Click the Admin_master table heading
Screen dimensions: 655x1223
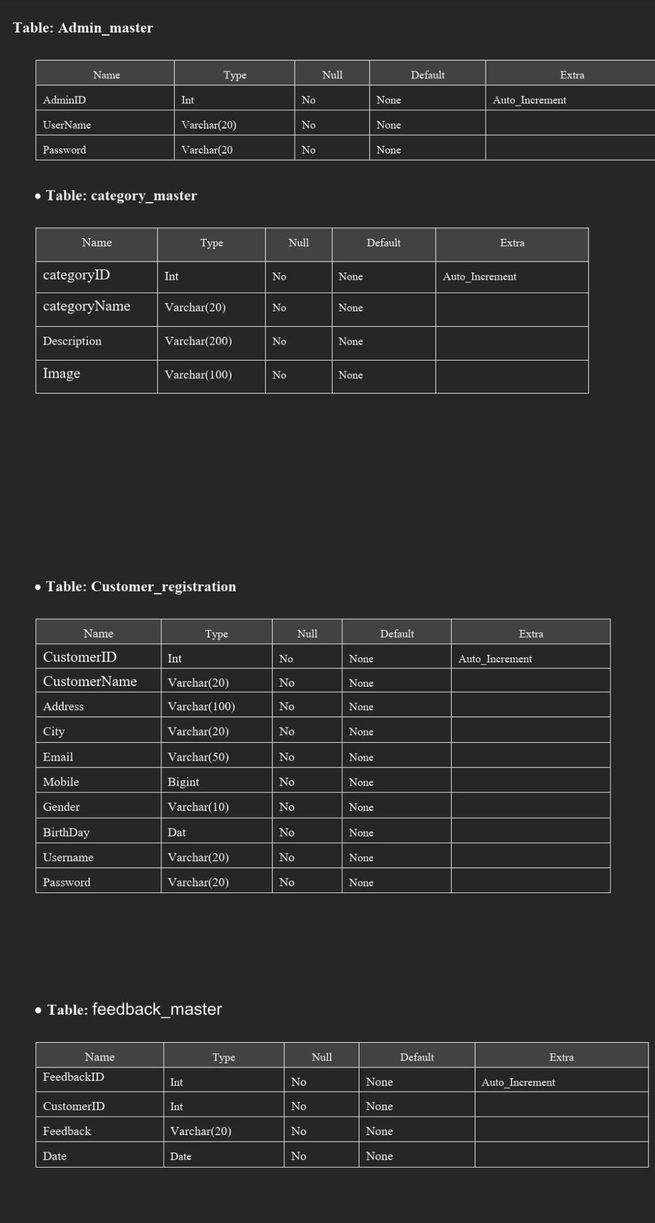click(x=83, y=28)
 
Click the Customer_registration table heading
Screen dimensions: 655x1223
click(x=141, y=587)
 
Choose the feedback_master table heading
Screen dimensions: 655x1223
click(x=134, y=1010)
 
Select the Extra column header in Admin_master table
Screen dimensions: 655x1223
click(x=572, y=75)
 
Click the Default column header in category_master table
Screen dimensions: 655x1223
click(x=384, y=243)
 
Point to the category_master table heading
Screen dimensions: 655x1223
click(x=121, y=196)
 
